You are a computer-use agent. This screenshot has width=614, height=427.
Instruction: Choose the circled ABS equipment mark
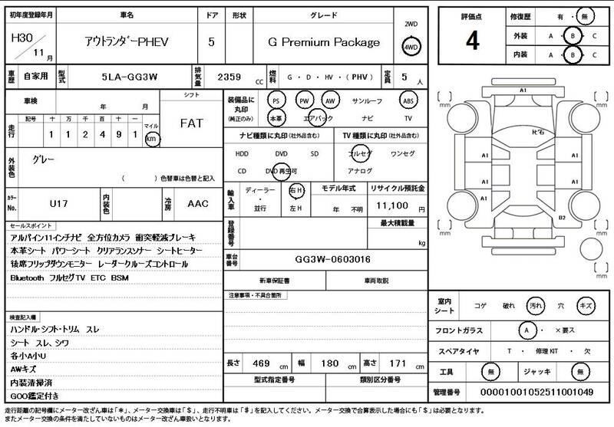[x=408, y=100]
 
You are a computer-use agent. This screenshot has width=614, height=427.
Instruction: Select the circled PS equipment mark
[x=276, y=100]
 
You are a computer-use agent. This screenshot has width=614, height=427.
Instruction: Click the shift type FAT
[x=191, y=123]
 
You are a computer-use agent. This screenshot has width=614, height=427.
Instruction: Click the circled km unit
[x=151, y=139]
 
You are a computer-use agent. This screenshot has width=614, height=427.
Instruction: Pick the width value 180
[x=328, y=362]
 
